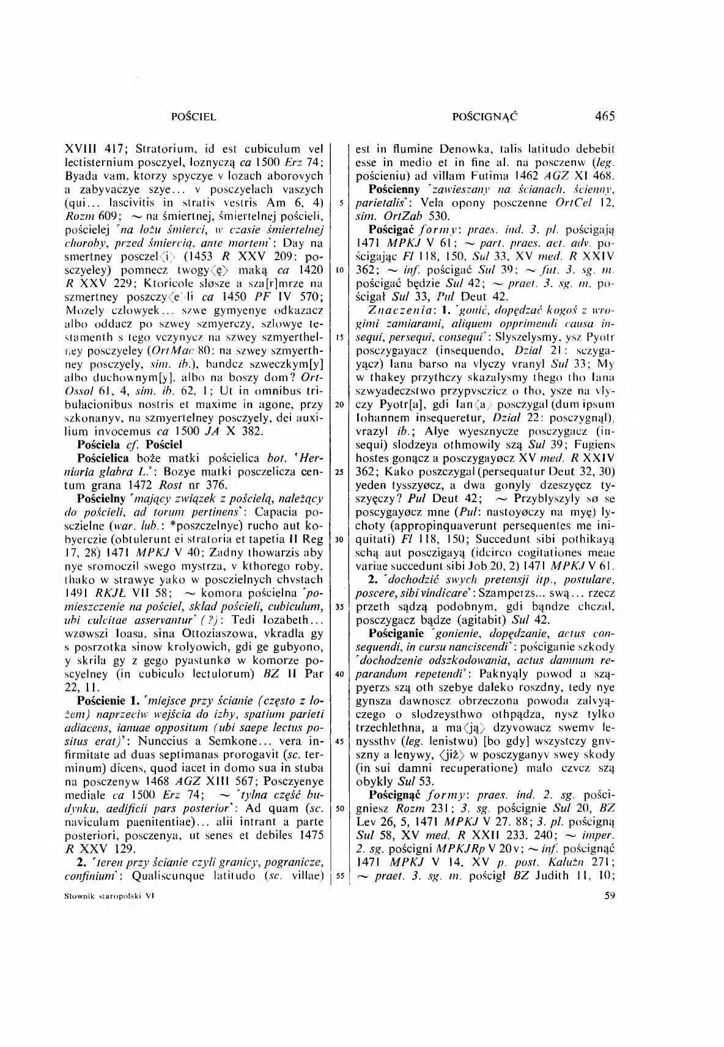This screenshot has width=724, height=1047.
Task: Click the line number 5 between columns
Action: (338, 202)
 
